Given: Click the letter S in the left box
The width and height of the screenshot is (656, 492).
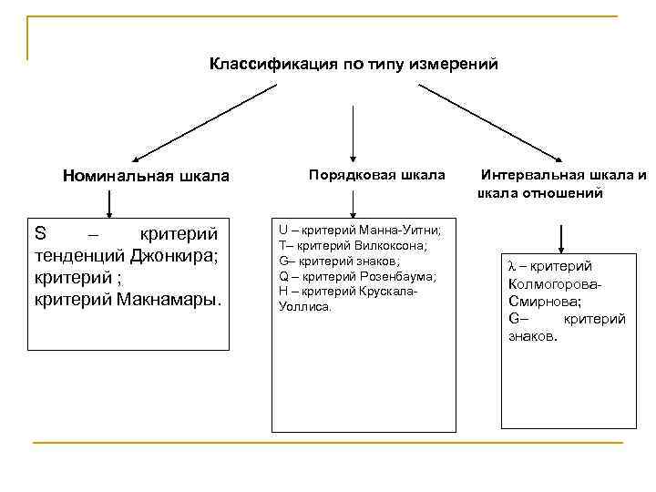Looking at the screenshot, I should (x=40, y=232).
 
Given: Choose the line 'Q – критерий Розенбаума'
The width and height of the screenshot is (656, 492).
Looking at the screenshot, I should (x=357, y=276).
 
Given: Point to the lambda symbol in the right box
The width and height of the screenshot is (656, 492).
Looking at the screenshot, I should (x=512, y=266).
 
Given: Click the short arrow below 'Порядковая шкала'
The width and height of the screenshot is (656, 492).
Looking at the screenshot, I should (x=354, y=204).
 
